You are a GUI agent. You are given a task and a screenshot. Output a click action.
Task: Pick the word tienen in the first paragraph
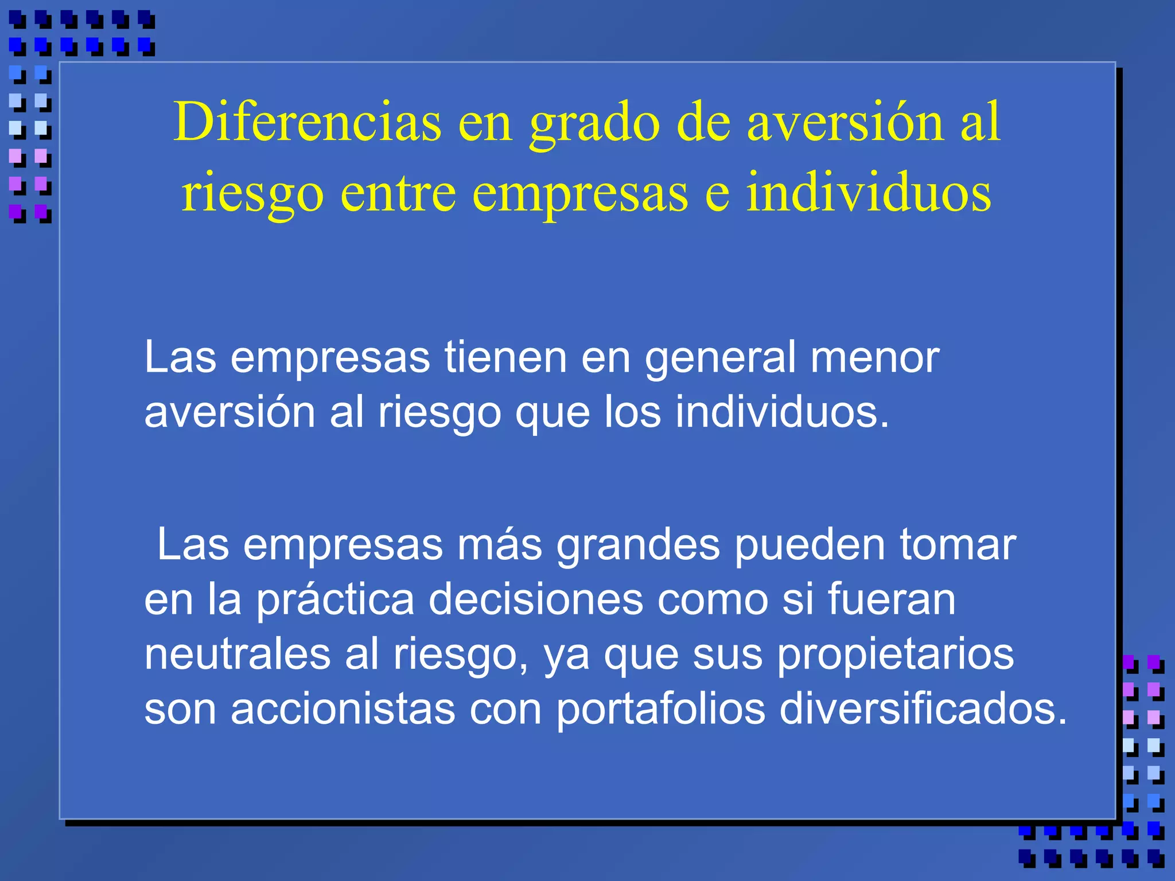[505, 357]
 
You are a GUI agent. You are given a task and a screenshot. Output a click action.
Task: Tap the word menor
[874, 357]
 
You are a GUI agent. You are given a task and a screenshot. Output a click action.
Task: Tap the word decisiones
[536, 599]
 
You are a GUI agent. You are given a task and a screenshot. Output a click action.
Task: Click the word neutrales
[238, 654]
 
